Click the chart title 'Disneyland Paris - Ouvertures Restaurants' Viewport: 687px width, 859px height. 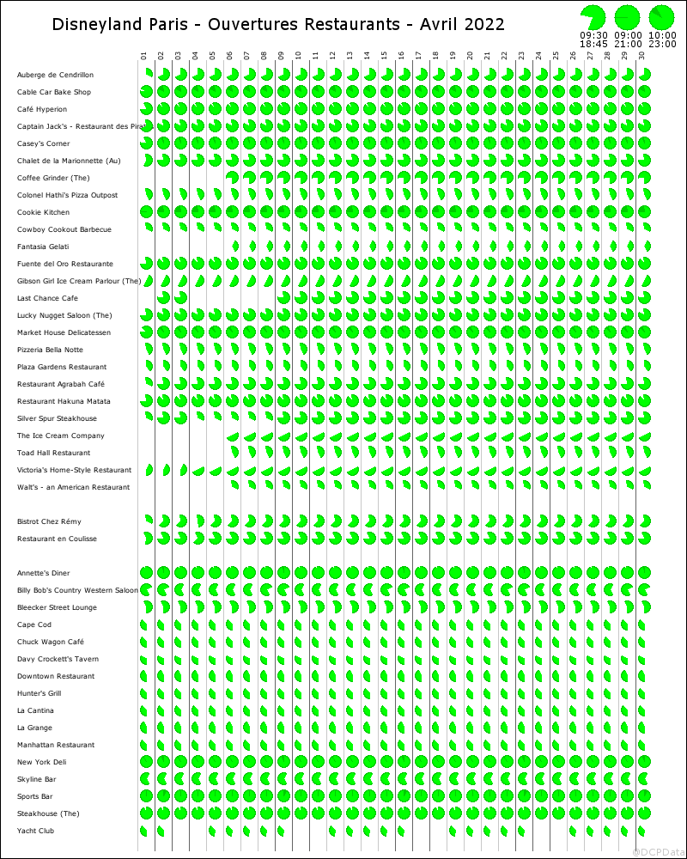[278, 24]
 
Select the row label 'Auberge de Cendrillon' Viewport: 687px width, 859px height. [55, 76]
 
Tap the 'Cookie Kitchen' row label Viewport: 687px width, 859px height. [43, 213]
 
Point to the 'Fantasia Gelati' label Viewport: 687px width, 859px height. [44, 247]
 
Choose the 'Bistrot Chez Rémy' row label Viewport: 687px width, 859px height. [49, 522]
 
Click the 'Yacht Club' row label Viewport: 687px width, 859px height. [35, 832]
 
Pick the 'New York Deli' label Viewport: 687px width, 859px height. [41, 763]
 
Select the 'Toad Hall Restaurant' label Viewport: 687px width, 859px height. [53, 454]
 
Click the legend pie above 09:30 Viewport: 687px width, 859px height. [593, 17]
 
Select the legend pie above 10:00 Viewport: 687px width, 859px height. [661, 17]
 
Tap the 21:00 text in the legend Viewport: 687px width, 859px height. [628, 43]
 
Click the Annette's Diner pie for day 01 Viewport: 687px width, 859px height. [146, 573]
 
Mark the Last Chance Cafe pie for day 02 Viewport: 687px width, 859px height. [163, 298]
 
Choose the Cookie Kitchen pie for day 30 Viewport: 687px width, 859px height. [644, 212]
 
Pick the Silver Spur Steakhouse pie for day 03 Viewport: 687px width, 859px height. [180, 418]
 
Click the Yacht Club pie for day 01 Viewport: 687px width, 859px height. [144, 831]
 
